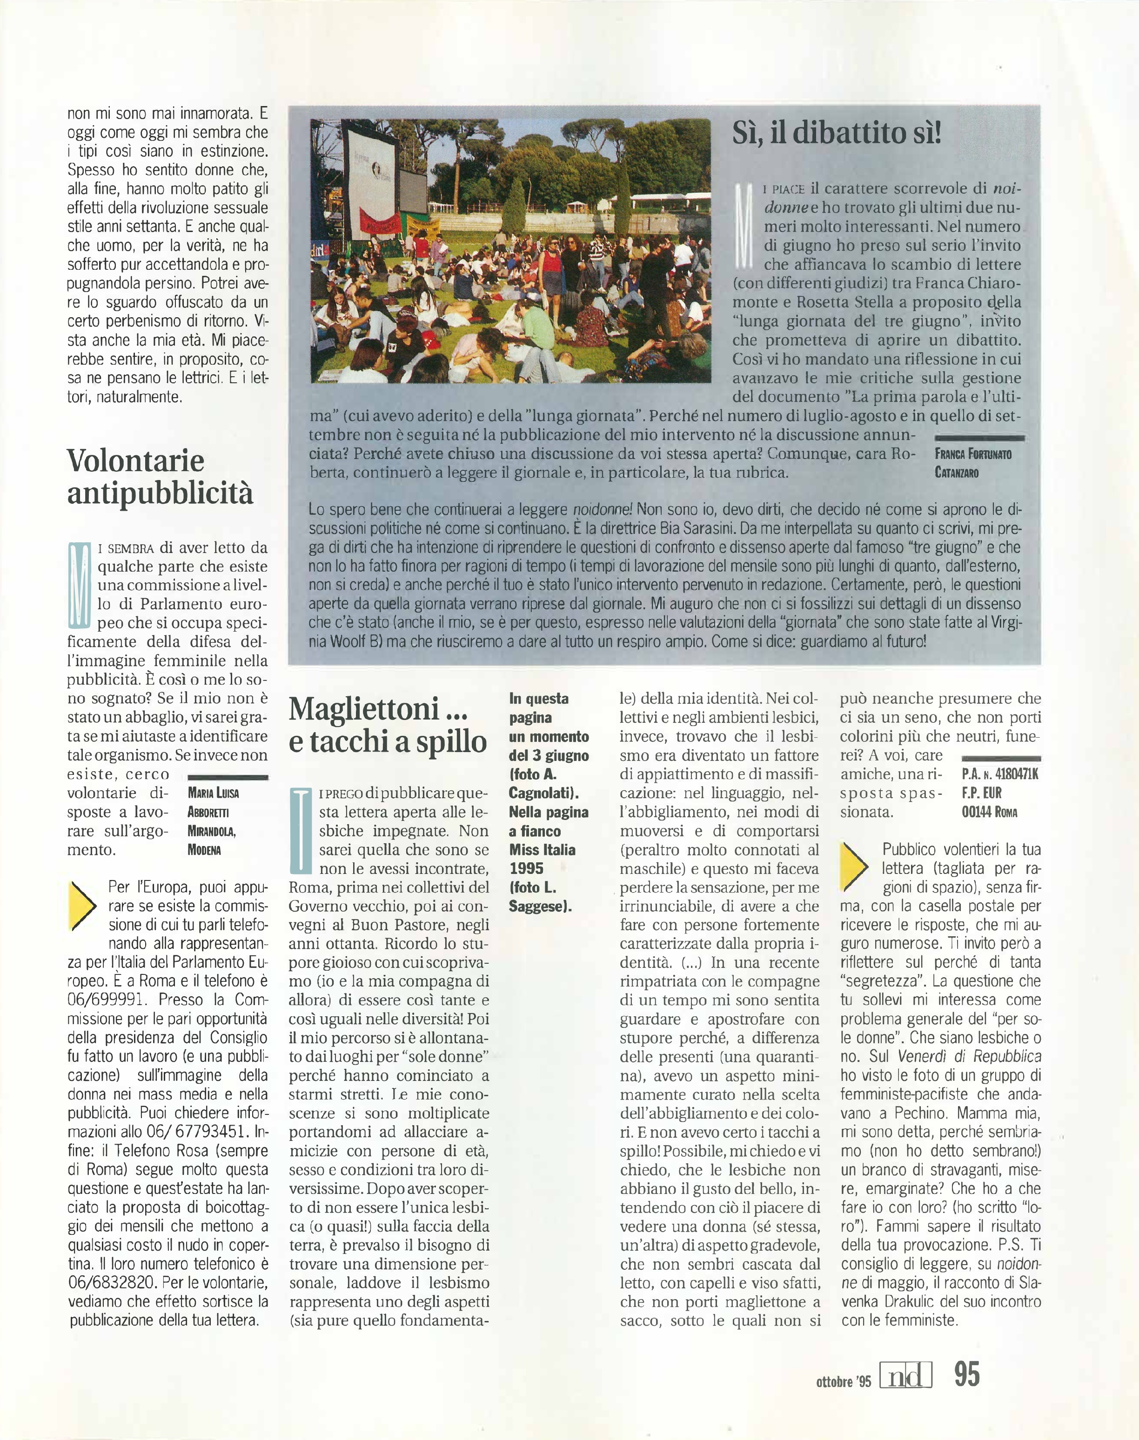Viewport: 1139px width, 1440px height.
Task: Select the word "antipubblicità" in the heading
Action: (160, 494)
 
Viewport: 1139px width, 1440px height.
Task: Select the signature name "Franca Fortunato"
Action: (973, 454)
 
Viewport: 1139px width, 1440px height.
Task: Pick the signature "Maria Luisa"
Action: (213, 793)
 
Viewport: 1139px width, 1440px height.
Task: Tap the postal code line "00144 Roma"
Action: (989, 812)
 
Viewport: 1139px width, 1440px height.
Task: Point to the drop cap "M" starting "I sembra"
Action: (79, 585)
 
